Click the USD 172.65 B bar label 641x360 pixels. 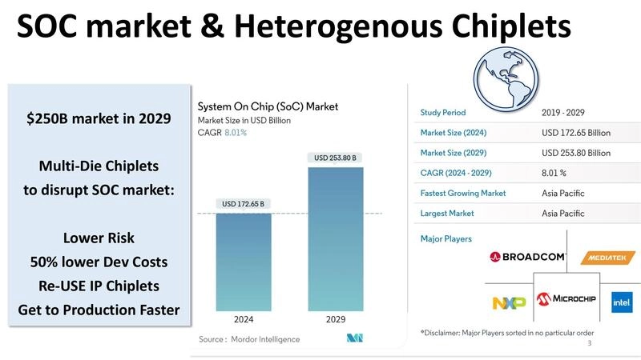[x=244, y=204]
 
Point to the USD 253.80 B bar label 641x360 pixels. [x=336, y=158]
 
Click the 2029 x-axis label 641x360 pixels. [x=336, y=319]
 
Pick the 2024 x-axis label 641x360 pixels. [x=244, y=319]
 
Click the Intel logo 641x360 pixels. [x=621, y=302]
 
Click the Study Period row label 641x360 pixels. [x=443, y=112]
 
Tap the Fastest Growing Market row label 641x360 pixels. [x=463, y=193]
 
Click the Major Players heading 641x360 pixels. [x=446, y=238]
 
